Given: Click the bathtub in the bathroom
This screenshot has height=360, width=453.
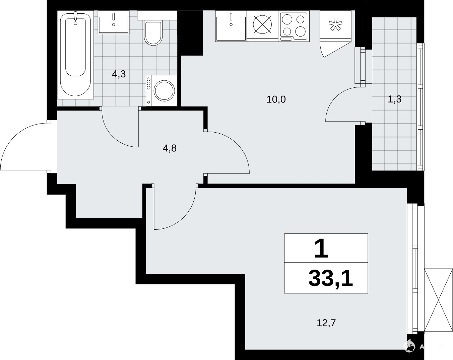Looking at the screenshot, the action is click(76, 55).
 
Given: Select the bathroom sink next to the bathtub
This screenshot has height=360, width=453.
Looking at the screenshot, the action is click(114, 22).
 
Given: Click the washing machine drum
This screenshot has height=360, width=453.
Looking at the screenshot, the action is click(164, 91).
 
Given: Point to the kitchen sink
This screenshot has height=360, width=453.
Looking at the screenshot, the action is click(231, 26).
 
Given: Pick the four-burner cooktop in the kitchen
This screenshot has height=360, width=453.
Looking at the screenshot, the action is click(294, 26).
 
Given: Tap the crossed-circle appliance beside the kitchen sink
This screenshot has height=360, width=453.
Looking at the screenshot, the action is click(262, 24).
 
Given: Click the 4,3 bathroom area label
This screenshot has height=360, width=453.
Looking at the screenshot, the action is click(119, 74).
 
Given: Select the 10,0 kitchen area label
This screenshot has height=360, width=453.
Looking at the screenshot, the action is click(276, 99).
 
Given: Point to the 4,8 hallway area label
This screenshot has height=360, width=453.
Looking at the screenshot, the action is click(170, 148).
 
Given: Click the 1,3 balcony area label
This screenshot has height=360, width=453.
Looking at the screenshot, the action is click(395, 99).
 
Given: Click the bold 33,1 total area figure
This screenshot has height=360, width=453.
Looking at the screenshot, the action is click(331, 278).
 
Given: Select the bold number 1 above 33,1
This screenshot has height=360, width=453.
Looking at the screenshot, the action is click(321, 249).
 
